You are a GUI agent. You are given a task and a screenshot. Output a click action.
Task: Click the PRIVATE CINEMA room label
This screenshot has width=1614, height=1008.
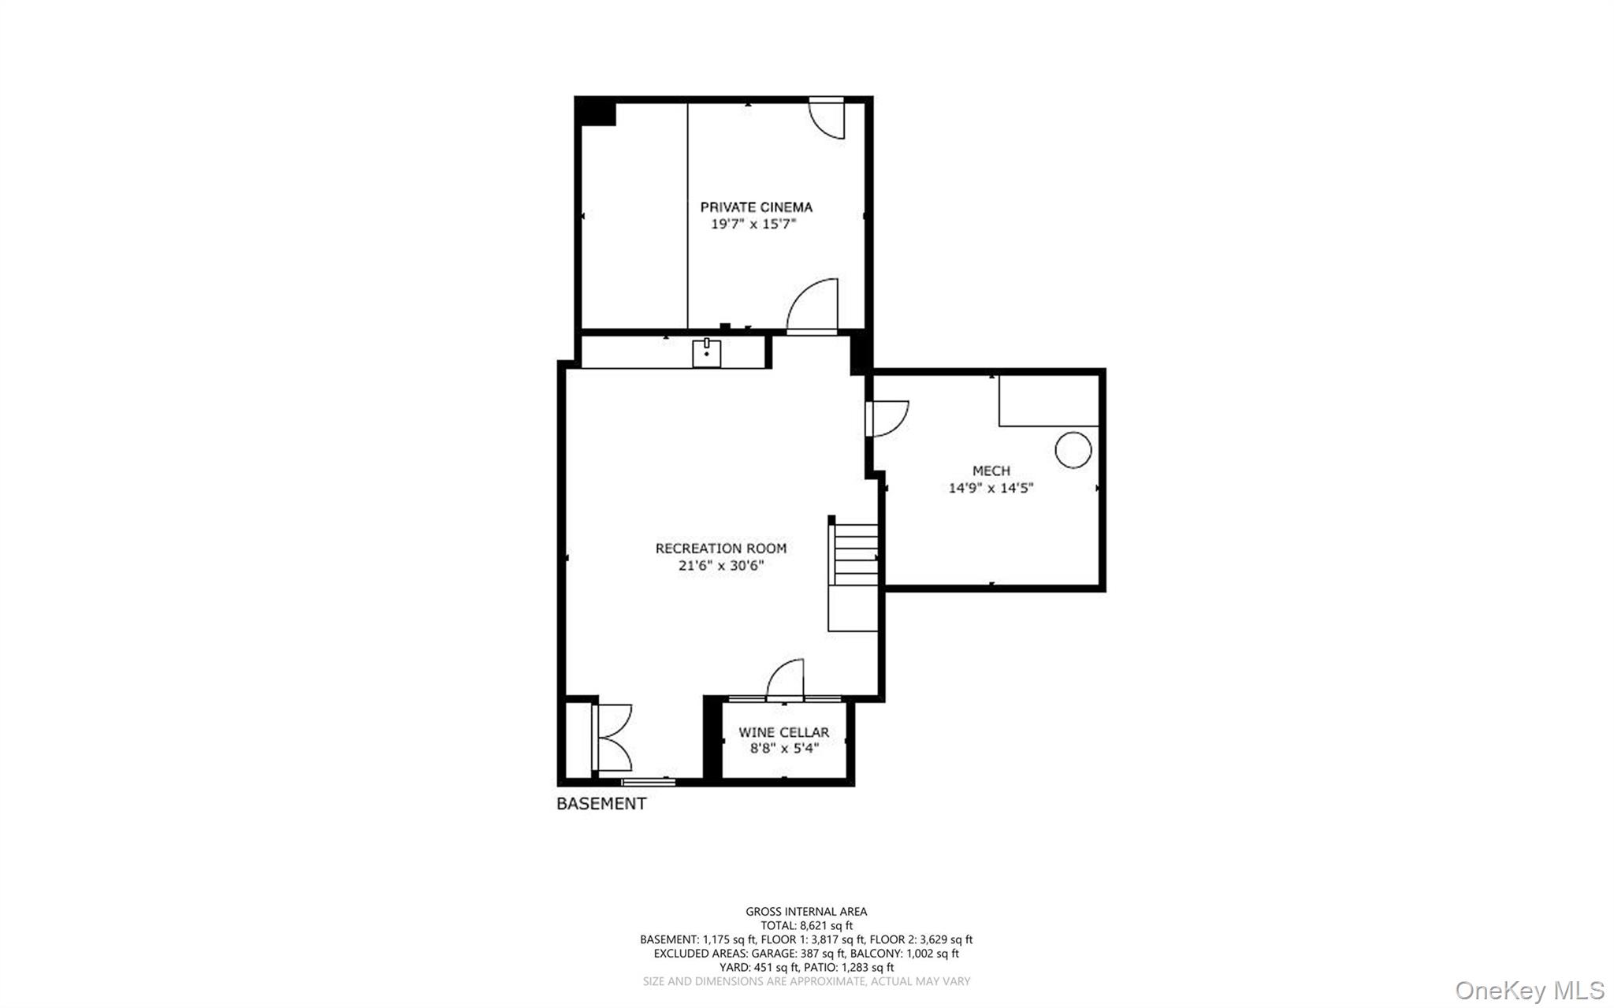coord(756,207)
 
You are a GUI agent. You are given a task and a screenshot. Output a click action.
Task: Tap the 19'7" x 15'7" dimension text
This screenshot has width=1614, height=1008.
coord(754,225)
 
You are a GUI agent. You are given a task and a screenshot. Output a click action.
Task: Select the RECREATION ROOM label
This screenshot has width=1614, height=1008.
coord(720,549)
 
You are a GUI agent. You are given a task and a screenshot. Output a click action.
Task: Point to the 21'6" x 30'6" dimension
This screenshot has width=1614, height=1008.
coord(721,566)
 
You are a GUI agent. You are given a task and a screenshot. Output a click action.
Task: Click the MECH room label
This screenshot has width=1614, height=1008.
coord(991,471)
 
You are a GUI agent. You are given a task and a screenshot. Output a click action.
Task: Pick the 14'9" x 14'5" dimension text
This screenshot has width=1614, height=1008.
coord(991,488)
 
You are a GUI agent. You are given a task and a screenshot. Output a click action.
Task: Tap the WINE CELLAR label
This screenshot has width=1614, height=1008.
coord(783,732)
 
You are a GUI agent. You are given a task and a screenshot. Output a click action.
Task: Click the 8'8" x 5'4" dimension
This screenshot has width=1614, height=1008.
coord(784,748)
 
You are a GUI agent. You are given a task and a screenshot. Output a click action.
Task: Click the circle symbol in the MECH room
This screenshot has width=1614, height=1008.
coord(1073,450)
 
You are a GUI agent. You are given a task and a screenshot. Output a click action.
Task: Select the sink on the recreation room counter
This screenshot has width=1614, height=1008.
coord(706,353)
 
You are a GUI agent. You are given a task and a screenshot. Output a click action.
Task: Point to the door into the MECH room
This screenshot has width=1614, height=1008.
coord(887,418)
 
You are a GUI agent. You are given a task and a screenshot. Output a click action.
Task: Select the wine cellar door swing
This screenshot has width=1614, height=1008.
coord(786,679)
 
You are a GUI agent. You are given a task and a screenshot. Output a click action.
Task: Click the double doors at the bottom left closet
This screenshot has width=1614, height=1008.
coord(613,738)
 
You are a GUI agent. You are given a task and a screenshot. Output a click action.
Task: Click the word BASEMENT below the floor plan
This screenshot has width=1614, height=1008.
coord(601,804)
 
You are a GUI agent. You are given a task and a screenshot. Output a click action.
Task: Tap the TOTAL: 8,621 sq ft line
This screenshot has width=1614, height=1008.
coord(806,926)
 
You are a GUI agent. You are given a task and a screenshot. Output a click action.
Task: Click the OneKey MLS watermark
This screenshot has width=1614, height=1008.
coord(1529,991)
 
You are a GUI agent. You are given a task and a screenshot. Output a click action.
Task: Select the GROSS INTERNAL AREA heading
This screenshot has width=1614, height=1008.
coord(806,912)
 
